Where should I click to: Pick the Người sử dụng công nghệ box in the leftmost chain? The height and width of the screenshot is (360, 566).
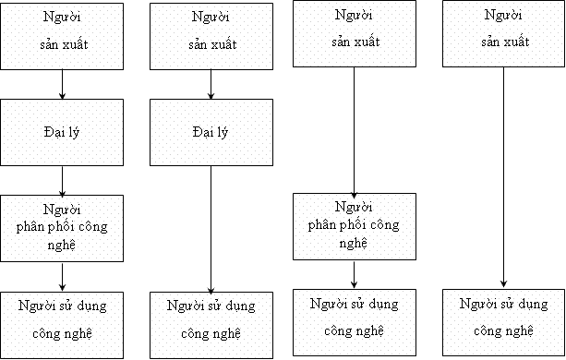[61, 324]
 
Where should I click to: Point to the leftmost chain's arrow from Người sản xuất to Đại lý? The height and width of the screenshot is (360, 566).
[62, 85]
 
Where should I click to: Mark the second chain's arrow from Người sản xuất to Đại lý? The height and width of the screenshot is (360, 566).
[212, 85]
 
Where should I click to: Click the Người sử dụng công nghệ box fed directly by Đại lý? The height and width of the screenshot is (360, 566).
[211, 324]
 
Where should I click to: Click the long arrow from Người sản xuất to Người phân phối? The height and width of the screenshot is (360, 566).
[355, 129]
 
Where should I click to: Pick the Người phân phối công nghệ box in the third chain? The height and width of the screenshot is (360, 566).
[354, 226]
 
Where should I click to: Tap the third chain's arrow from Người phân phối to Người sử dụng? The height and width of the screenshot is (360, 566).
[355, 274]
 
